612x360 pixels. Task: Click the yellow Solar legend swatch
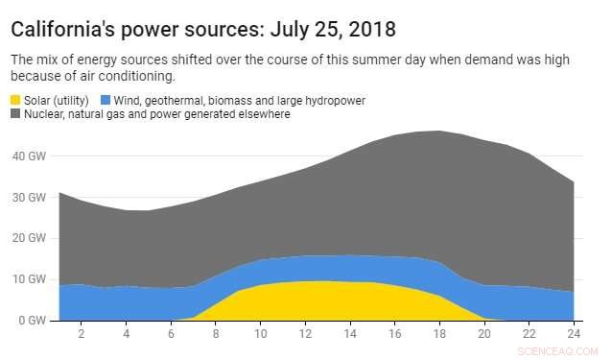[16, 100]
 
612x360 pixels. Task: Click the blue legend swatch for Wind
[106, 100]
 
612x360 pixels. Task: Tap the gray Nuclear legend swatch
[16, 114]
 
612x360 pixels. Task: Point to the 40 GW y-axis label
[27, 156]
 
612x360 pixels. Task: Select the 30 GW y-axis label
[27, 197]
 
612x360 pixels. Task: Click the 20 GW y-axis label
[27, 238]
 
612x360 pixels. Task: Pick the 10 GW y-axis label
[27, 279]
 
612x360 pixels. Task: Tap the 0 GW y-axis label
[30, 321]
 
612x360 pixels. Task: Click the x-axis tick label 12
[305, 333]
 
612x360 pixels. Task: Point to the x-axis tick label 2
[82, 333]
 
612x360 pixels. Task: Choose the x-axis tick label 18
[439, 333]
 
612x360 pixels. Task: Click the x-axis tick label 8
[216, 333]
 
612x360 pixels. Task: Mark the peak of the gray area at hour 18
[439, 132]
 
